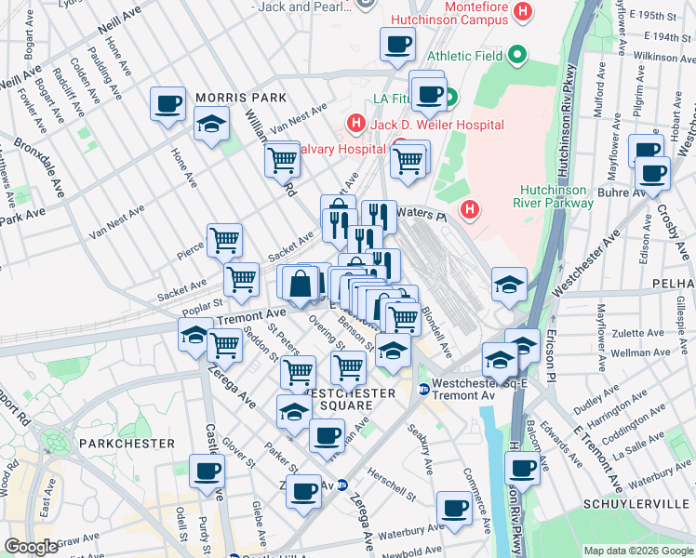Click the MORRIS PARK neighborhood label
(x=240, y=98)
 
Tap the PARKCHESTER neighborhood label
(x=127, y=444)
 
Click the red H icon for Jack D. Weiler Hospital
(x=355, y=123)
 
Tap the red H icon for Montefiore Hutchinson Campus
(x=523, y=11)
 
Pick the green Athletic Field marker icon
(x=518, y=57)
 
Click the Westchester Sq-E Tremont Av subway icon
(x=424, y=389)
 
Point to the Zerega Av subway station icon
(x=342, y=485)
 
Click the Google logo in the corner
(x=31, y=547)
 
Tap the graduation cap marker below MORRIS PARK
(x=212, y=126)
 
